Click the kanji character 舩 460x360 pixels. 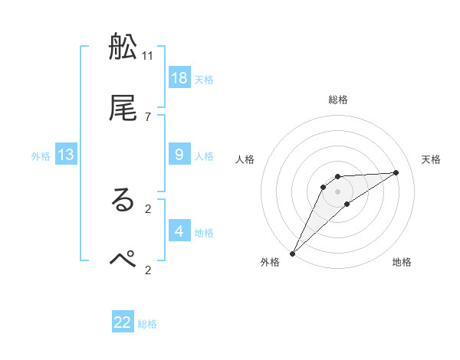point(123,47)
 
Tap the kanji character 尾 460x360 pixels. point(123,108)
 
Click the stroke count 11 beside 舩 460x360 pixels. point(148,55)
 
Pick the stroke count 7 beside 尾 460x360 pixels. point(148,116)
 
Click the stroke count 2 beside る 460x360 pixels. point(148,208)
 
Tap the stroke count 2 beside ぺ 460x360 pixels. point(148,269)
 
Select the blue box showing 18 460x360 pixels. point(179,77)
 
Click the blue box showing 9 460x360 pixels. point(179,154)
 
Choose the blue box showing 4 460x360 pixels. point(179,231)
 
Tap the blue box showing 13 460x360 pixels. point(66,155)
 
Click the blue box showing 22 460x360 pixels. point(123,322)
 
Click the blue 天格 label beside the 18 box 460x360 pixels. point(204,79)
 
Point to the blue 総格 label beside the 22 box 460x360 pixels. point(147,324)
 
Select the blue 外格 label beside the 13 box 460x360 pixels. point(41,156)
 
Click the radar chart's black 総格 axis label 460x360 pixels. point(338,100)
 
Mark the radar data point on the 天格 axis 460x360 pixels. point(396,172)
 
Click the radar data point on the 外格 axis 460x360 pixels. point(292,253)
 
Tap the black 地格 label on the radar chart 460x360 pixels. point(402,262)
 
